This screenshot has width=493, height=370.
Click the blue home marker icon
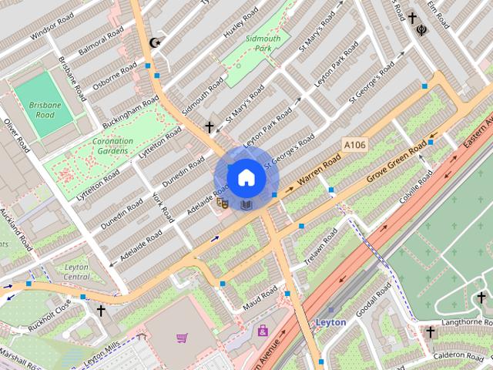[245, 177]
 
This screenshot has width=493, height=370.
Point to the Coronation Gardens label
[112, 146]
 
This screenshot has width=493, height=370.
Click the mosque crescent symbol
[157, 42]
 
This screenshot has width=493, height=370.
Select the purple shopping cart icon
[182, 338]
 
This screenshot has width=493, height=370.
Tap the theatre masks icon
[223, 203]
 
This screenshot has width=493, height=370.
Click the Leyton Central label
[76, 271]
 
